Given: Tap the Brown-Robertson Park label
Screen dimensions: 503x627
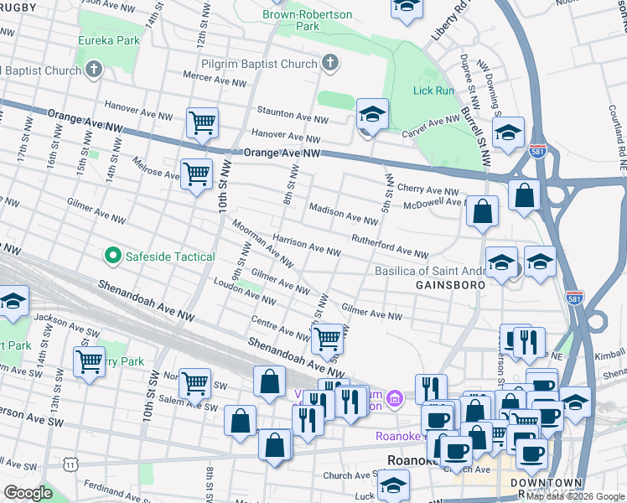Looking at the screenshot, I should click(x=303, y=20).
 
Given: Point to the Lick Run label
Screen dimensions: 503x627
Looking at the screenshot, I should click(x=433, y=90).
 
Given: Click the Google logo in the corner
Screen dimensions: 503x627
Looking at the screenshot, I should click(x=28, y=493).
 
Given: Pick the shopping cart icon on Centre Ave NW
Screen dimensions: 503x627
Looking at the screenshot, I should click(x=327, y=340).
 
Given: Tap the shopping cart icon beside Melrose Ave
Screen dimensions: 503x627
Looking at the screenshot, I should click(x=196, y=174).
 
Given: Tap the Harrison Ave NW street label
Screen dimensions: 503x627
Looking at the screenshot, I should click(x=305, y=245).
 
